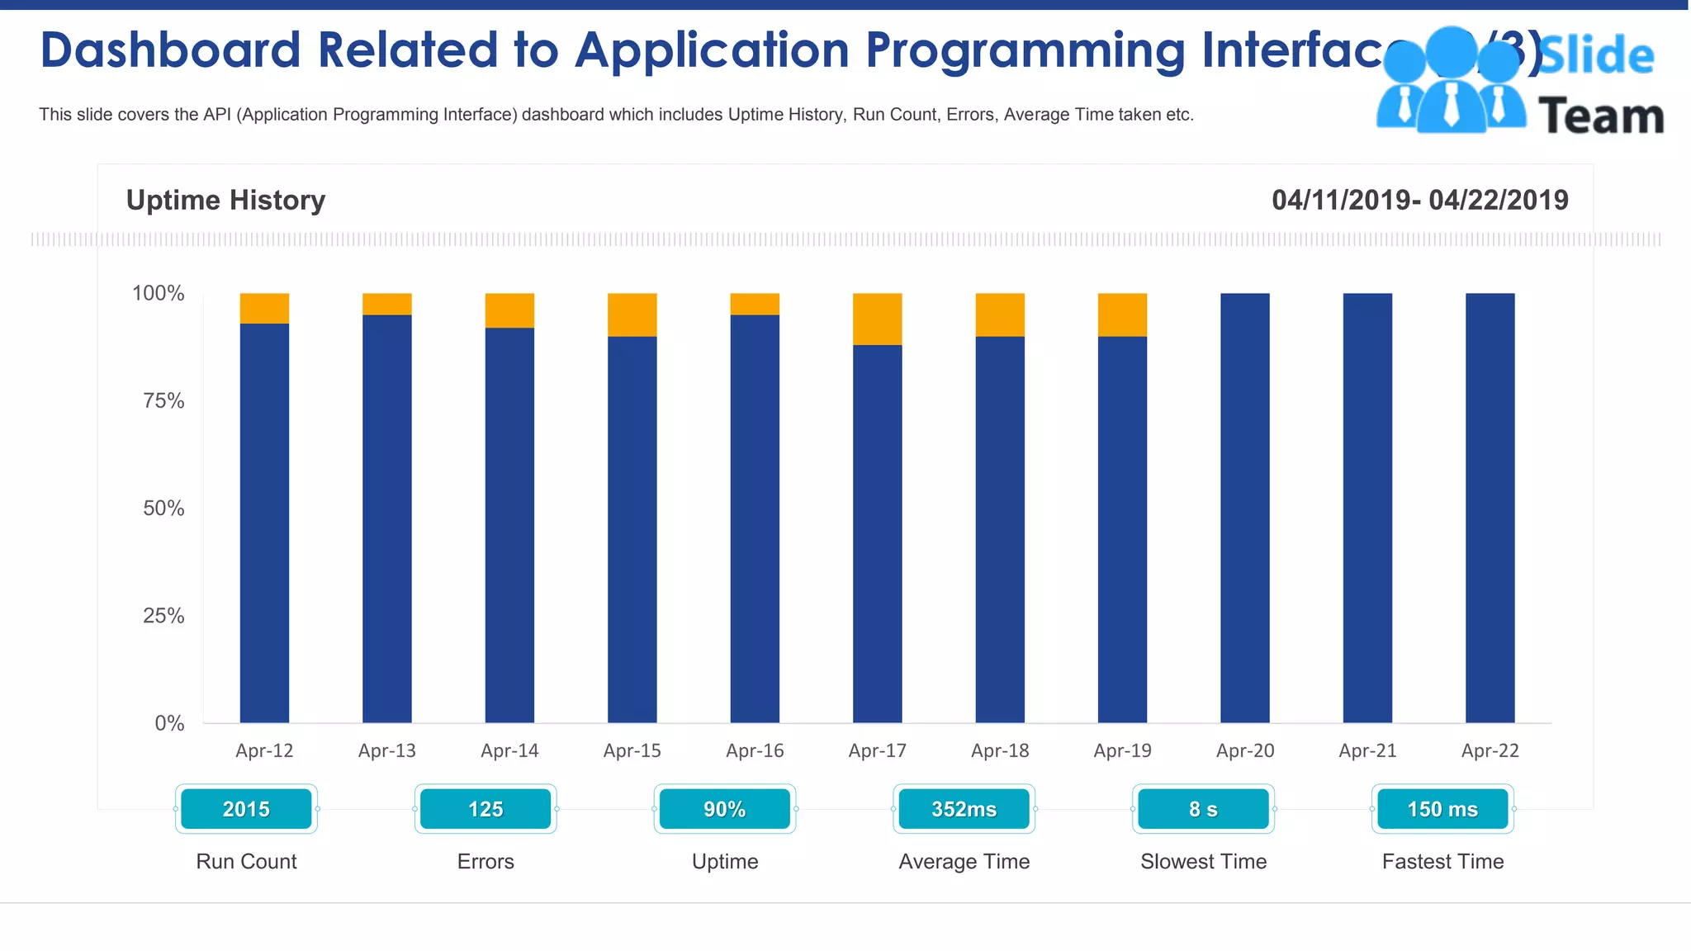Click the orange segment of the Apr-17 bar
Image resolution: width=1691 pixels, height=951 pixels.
[x=877, y=319]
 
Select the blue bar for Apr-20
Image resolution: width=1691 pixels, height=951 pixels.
[x=1244, y=508]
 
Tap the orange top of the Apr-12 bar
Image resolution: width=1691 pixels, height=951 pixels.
[x=264, y=308]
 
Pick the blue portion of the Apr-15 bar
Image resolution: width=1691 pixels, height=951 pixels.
[x=632, y=528]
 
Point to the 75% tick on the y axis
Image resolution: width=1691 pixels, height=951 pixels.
[x=163, y=401]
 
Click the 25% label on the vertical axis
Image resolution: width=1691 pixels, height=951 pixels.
[x=163, y=616]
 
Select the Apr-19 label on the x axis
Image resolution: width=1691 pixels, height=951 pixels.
[x=1122, y=750]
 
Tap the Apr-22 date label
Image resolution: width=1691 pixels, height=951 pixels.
[x=1490, y=750]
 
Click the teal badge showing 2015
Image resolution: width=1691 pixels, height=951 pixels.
[x=246, y=809]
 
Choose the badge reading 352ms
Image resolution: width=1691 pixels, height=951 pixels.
[x=964, y=809]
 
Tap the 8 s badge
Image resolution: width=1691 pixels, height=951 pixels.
[x=1203, y=809]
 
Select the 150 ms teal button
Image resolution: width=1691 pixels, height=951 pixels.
[x=1442, y=809]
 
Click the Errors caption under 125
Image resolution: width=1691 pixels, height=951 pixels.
[x=486, y=862]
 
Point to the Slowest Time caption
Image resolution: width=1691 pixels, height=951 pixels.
[x=1203, y=862]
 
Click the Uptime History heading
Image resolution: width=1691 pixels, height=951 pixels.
[x=225, y=200]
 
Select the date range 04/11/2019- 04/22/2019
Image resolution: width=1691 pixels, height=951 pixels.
[x=1419, y=200]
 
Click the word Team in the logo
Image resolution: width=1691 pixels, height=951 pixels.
[x=1600, y=116]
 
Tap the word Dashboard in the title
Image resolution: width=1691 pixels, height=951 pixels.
[x=170, y=50]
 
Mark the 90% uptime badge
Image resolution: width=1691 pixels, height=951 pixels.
[x=724, y=809]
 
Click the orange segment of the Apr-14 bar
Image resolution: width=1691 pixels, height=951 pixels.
[x=509, y=310]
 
